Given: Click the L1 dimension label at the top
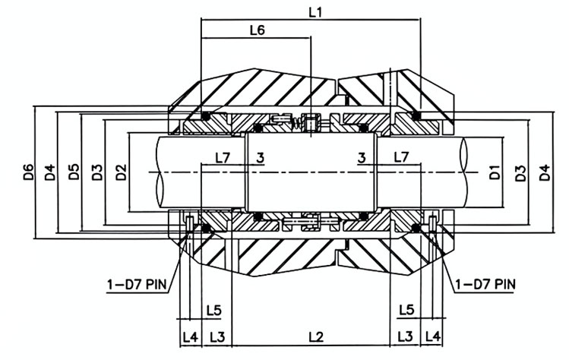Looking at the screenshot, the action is [x=315, y=13].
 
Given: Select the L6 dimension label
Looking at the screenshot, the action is [x=258, y=30].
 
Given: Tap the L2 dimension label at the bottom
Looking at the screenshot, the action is [x=316, y=337].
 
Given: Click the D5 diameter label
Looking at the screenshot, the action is [x=74, y=172].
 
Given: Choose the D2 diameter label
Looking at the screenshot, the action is [x=121, y=172].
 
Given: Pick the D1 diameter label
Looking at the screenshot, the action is [x=495, y=172].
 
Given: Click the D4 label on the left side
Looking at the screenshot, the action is [x=50, y=172].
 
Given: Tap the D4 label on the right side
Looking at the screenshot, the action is [x=545, y=172].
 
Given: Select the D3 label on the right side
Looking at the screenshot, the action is [x=520, y=172].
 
